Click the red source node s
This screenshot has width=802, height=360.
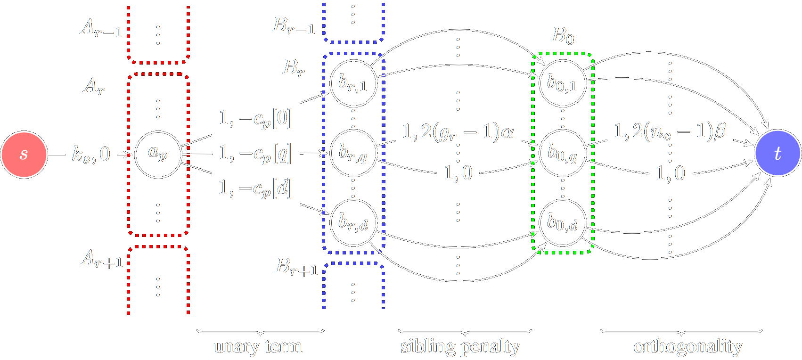pos(24,154)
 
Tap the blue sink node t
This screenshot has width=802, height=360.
pos(777,153)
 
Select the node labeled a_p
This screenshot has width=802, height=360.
pos(158,154)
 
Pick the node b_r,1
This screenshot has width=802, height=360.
pos(353,83)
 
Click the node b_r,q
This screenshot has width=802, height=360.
pos(353,153)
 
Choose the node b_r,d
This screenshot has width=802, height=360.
pos(353,222)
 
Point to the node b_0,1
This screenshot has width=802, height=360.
pos(562,83)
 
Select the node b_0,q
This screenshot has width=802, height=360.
pos(562,153)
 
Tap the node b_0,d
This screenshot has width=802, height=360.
pos(562,222)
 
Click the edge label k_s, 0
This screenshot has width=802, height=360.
pos(91,154)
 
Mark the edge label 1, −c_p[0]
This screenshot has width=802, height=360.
pos(255,119)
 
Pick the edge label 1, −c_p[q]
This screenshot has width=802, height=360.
pos(255,154)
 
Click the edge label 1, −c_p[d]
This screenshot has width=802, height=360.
pos(255,188)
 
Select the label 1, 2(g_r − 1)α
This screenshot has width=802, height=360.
pos(458,132)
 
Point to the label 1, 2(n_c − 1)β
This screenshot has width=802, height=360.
pos(670,131)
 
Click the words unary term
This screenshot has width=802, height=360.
pos(258,347)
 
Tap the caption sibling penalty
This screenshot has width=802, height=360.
pos(460,347)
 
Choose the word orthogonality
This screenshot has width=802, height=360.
pos(687,347)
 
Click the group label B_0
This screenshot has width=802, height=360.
pos(563,36)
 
